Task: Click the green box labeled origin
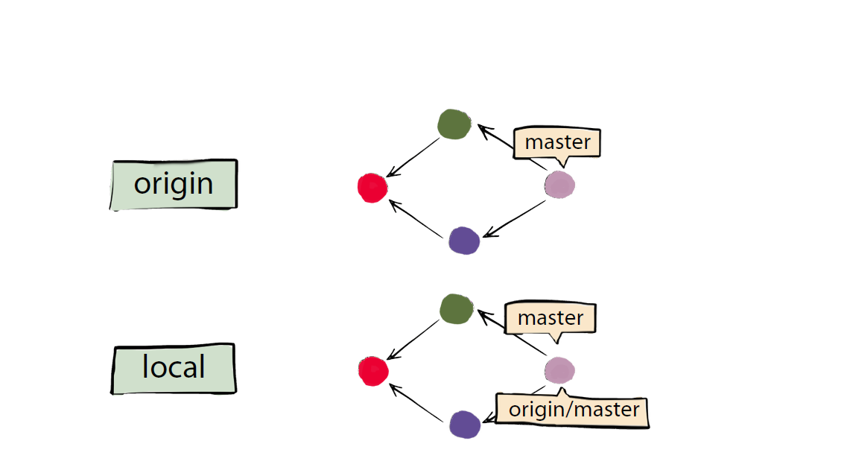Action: pyautogui.click(x=174, y=184)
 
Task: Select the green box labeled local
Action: pyautogui.click(x=174, y=368)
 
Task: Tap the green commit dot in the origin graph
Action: pyautogui.click(x=454, y=124)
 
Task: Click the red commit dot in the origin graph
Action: pyautogui.click(x=372, y=187)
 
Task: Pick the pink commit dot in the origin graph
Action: pyautogui.click(x=559, y=184)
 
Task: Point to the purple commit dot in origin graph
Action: pyautogui.click(x=464, y=241)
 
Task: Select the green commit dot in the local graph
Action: pyautogui.click(x=457, y=308)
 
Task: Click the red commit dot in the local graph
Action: pyautogui.click(x=373, y=370)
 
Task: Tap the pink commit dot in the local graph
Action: pyautogui.click(x=559, y=369)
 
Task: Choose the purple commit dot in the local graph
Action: pyautogui.click(x=465, y=425)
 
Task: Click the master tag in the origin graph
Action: pyautogui.click(x=557, y=142)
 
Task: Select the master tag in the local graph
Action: pyautogui.click(x=551, y=318)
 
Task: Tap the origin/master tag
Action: pyautogui.click(x=573, y=410)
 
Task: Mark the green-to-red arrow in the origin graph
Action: pyautogui.click(x=414, y=157)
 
